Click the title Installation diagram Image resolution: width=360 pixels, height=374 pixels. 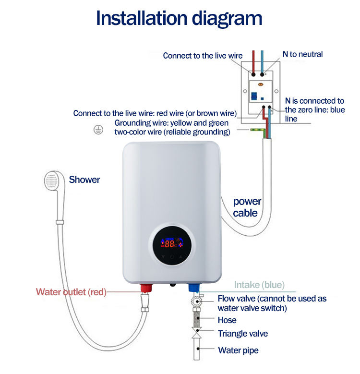pyautogui.click(x=179, y=18)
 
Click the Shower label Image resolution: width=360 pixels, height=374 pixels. pyautogui.click(x=84, y=180)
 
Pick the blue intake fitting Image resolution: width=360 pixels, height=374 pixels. pyautogui.click(x=194, y=289)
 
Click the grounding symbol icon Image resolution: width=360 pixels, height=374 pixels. pyautogui.click(x=98, y=130)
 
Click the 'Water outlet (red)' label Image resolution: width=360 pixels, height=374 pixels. pyautogui.click(x=71, y=292)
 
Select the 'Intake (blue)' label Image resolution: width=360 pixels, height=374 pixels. pyautogui.click(x=259, y=285)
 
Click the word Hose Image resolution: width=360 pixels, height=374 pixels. pyautogui.click(x=227, y=320)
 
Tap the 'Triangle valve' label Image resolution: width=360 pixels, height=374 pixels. pyautogui.click(x=243, y=334)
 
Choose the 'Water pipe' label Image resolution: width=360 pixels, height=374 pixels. pyautogui.click(x=238, y=350)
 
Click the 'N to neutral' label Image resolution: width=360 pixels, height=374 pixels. pyautogui.click(x=302, y=54)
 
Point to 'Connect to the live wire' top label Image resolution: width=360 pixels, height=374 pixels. pyautogui.click(x=203, y=56)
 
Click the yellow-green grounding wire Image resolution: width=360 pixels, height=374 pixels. pyautogui.click(x=257, y=130)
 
